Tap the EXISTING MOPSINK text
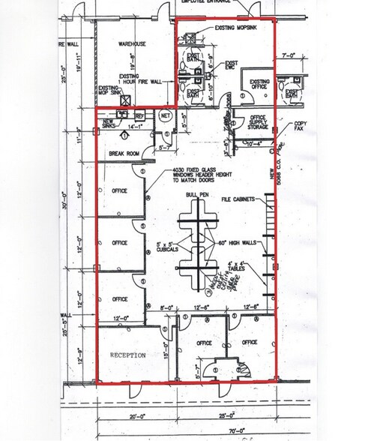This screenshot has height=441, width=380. [x=235, y=27]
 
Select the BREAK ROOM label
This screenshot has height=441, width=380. [x=124, y=153]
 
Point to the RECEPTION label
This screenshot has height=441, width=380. [x=127, y=355]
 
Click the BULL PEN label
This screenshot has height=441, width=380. [x=199, y=195]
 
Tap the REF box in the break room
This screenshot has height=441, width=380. [x=139, y=115]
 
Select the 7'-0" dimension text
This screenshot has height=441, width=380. [x=289, y=56]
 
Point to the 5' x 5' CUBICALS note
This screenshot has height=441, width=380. [x=166, y=246]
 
